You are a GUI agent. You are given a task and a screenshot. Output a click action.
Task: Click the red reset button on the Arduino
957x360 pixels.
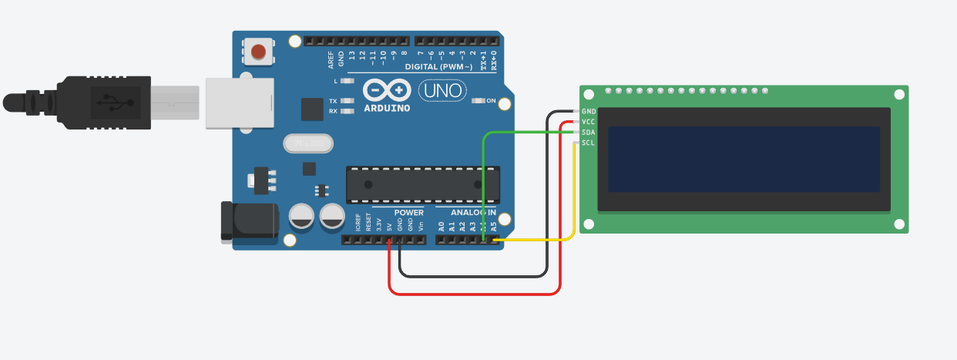coord(258,52)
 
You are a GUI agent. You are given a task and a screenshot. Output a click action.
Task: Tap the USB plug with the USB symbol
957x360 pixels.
coord(108,102)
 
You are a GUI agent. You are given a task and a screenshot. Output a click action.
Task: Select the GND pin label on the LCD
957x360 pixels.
coord(589,111)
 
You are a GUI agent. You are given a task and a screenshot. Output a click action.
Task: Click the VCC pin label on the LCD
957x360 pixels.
coord(589,122)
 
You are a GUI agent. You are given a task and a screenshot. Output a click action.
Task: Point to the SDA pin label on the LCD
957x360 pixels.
coord(589,133)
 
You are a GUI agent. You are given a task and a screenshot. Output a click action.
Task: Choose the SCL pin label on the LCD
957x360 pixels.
coord(589,143)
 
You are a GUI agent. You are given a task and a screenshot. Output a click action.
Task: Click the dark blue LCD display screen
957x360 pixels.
coord(744,160)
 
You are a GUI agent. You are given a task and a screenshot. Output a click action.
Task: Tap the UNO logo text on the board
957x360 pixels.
coord(442,91)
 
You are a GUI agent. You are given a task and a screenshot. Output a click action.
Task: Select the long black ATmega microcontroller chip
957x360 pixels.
coord(422,184)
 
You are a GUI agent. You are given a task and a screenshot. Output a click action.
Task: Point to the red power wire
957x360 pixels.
coord(474,293)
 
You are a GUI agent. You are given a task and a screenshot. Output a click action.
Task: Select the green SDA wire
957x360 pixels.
coord(482,185)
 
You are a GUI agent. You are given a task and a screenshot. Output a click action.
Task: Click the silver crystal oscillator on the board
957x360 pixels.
coord(307,143)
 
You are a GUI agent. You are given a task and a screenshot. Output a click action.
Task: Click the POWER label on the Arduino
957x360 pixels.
coord(408,212)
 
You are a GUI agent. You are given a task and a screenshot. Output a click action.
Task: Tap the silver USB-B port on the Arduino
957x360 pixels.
coord(240,102)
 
